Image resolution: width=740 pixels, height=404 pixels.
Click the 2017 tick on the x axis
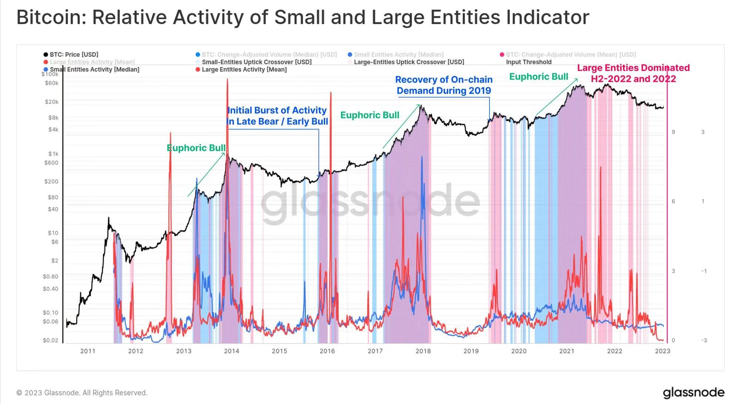click(x=375, y=351)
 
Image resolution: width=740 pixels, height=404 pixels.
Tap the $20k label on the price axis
click(x=51, y=102)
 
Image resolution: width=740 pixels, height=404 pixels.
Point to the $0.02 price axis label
click(x=50, y=340)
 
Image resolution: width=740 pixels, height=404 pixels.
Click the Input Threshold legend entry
click(x=528, y=62)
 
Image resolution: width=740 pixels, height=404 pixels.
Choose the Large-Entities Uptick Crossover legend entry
click(x=408, y=62)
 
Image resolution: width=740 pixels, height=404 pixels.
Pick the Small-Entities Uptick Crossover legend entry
click(x=256, y=62)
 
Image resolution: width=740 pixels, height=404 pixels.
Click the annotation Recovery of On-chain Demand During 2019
click(x=444, y=85)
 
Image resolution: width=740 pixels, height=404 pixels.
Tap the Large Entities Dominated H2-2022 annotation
click(x=633, y=73)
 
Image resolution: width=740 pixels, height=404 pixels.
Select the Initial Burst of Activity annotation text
click(x=277, y=116)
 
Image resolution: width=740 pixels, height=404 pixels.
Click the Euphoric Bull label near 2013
click(x=196, y=148)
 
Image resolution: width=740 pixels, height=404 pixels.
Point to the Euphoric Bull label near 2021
click(x=538, y=77)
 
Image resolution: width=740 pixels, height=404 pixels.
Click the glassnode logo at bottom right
click(x=693, y=393)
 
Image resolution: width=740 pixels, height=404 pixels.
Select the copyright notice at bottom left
click(x=82, y=393)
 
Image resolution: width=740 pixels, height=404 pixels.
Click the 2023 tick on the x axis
click(x=662, y=351)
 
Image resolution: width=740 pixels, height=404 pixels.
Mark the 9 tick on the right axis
click(x=673, y=132)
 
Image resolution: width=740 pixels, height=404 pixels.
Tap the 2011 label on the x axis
click(x=88, y=351)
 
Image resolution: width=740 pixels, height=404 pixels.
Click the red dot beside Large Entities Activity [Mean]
click(x=198, y=70)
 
